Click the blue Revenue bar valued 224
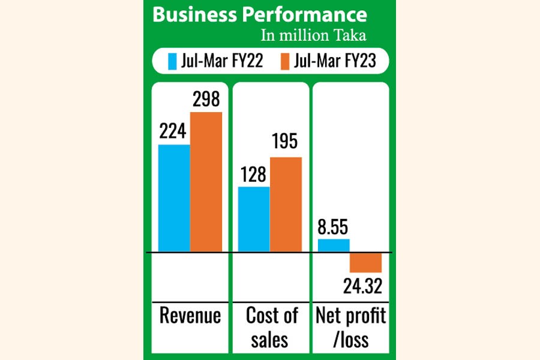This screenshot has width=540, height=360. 174,198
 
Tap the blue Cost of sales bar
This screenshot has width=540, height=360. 254,219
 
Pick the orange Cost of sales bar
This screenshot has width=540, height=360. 286,204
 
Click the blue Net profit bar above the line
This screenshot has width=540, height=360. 334,245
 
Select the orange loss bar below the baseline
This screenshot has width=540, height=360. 365,263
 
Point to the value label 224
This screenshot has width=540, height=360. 174,131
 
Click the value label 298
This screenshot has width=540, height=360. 206,99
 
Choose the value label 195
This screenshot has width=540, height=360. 286,144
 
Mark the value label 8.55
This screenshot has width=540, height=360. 334,227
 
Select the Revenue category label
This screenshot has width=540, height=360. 190,316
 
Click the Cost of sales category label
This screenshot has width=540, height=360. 271,327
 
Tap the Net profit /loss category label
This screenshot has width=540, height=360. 349,327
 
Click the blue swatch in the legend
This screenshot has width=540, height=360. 172,61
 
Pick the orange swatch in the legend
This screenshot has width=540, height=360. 285,61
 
